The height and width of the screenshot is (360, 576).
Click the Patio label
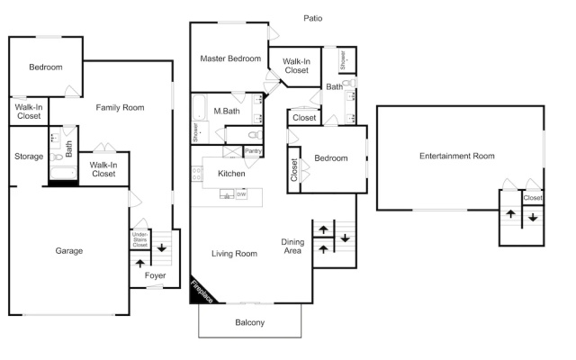pyautogui.click(x=312, y=18)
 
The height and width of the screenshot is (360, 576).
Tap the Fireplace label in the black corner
pyautogui.click(x=202, y=292)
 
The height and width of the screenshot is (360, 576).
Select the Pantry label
pyautogui.click(x=253, y=151)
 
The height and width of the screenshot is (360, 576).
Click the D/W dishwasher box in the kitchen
pyautogui.click(x=241, y=194)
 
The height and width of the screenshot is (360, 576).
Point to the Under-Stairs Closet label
pyautogui.click(x=140, y=239)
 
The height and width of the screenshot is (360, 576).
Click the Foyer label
pyautogui.click(x=155, y=275)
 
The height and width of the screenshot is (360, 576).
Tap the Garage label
pyautogui.click(x=69, y=250)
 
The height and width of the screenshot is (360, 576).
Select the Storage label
pyautogui.click(x=29, y=156)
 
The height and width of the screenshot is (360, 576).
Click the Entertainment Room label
pyautogui.click(x=457, y=156)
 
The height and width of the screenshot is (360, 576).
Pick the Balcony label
pyautogui.click(x=250, y=322)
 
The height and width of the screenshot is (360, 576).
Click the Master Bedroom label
pyautogui.click(x=230, y=58)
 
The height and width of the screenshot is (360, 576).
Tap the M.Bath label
pyautogui.click(x=227, y=111)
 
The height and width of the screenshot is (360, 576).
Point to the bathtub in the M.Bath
pyautogui.click(x=199, y=107)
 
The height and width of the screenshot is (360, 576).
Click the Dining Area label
pyautogui.click(x=292, y=246)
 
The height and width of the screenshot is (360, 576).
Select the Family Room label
pyautogui.click(x=120, y=108)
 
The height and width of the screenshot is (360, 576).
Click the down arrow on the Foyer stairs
pyautogui.click(x=162, y=248)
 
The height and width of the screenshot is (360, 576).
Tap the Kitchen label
pyautogui.click(x=231, y=174)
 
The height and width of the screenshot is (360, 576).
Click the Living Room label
pyautogui.click(x=234, y=254)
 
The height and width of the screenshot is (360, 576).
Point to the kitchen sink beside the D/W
pyautogui.click(x=227, y=194)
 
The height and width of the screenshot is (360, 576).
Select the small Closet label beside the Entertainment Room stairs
pyautogui.click(x=532, y=198)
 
